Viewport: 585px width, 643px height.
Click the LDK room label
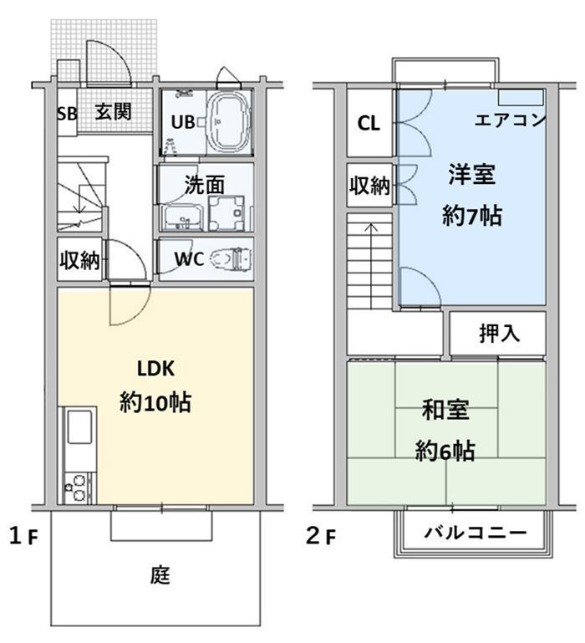(x=155, y=369)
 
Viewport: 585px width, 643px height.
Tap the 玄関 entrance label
(x=114, y=111)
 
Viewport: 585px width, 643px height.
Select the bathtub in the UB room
(x=228, y=121)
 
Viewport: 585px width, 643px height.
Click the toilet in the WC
(x=231, y=258)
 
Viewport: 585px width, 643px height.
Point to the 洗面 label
(x=205, y=185)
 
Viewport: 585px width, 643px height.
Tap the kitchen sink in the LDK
(x=79, y=427)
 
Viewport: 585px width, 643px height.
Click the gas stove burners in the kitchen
(x=78, y=487)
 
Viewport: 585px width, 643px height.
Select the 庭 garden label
(x=160, y=574)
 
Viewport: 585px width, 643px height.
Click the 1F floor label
(x=23, y=536)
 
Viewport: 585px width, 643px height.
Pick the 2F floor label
(x=321, y=536)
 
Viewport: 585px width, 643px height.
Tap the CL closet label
(x=369, y=123)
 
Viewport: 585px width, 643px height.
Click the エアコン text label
(x=511, y=120)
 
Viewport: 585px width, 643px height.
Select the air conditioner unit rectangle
(x=521, y=97)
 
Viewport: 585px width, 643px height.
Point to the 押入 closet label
(x=499, y=333)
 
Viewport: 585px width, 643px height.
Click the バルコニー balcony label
(x=475, y=533)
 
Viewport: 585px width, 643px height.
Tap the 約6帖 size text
(x=445, y=450)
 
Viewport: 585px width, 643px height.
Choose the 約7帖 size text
(x=471, y=215)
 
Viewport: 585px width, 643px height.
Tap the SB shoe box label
(x=67, y=113)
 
